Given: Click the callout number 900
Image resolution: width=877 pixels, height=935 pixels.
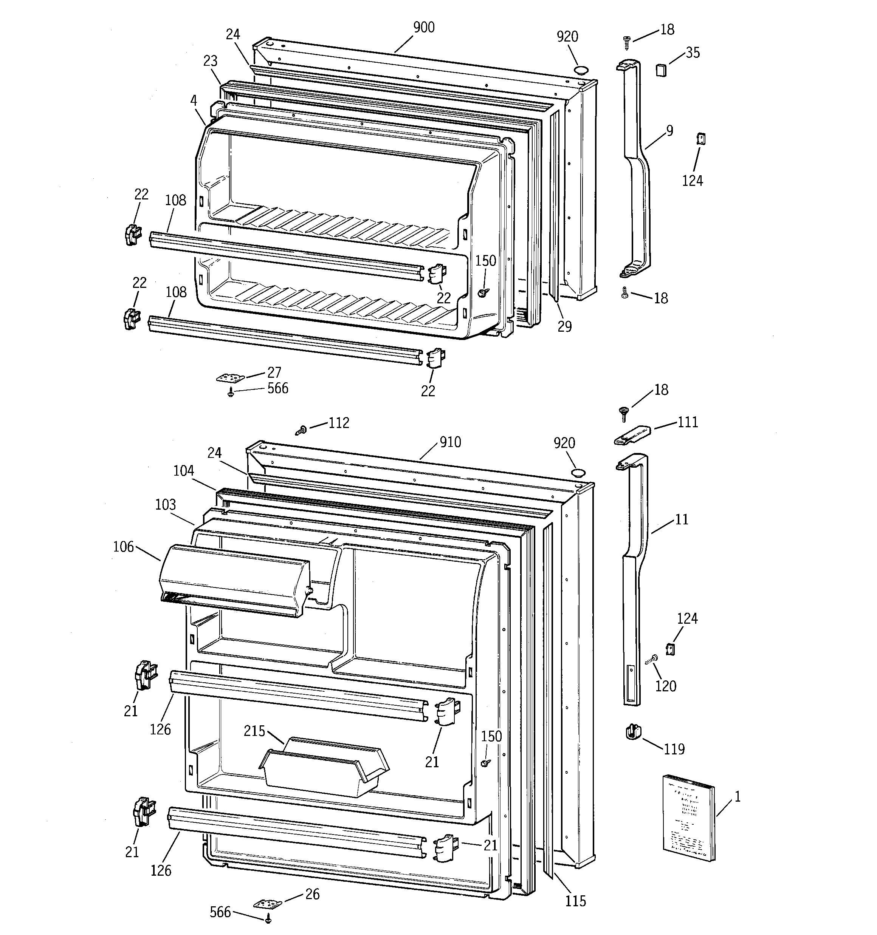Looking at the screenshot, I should click(x=424, y=28).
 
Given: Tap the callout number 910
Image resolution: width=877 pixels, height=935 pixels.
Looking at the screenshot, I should click(x=450, y=442).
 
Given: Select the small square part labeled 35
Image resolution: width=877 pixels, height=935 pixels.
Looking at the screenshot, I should click(x=662, y=70).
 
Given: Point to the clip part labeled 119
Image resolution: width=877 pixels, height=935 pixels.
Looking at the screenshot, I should click(x=634, y=732).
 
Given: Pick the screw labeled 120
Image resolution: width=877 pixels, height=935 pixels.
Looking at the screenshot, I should click(x=651, y=660).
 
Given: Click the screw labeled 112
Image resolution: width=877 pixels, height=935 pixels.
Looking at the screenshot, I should click(x=301, y=430).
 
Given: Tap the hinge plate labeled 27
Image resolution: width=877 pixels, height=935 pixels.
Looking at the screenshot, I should click(x=231, y=378).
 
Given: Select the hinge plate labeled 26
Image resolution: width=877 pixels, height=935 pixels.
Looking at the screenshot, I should click(x=268, y=904).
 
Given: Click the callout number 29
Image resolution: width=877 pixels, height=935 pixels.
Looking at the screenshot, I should click(x=564, y=326).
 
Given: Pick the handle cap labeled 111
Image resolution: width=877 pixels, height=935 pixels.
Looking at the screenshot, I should click(x=633, y=435).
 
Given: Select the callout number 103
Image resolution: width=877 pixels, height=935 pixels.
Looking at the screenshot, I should click(x=165, y=505).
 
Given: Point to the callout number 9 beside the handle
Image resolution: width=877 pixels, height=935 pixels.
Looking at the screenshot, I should click(x=669, y=130).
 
